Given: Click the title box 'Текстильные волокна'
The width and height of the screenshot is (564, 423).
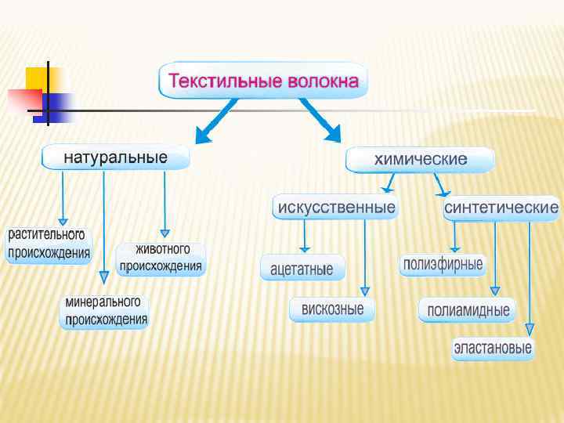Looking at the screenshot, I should tap(263, 81).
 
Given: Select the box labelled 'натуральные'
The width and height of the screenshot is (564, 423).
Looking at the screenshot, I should tap(116, 157).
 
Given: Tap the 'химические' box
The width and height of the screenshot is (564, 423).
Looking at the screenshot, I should tap(421, 160).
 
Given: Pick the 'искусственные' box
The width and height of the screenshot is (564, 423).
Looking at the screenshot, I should tap(334, 208).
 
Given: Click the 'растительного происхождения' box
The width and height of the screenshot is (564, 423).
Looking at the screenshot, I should tap(49, 244).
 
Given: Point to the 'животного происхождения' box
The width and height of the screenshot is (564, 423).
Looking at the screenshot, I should tap(161, 258).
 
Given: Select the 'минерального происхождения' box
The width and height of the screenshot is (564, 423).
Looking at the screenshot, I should tap(105, 311).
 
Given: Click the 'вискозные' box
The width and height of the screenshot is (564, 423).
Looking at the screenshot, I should tap(332, 309).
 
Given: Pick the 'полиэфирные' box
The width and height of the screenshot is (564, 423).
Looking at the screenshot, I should tap(443, 264).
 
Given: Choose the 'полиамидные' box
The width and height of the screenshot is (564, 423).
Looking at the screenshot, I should tap(468, 310).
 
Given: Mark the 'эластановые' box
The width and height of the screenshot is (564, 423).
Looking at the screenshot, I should tap(493, 348).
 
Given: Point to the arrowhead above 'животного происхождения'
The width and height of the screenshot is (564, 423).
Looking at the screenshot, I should tap(164, 233).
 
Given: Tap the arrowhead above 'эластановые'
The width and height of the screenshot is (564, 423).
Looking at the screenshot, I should tap(530, 330).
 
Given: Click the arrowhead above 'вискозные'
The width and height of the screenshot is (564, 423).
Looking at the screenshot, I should tap(363, 291).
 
